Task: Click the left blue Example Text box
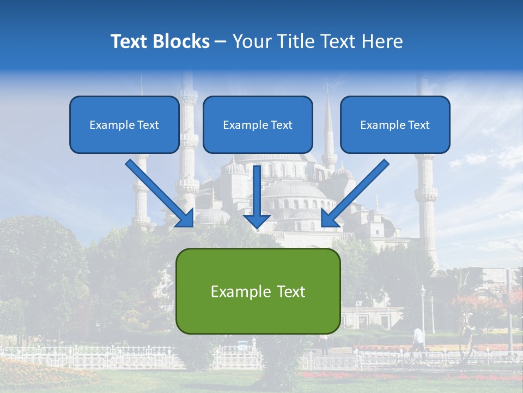(x=124, y=124)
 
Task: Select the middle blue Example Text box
(x=258, y=124)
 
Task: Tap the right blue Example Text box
(x=395, y=124)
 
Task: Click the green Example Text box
(x=258, y=291)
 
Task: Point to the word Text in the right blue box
(x=418, y=125)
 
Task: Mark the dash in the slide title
(x=221, y=41)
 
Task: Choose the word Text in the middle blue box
(x=281, y=125)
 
